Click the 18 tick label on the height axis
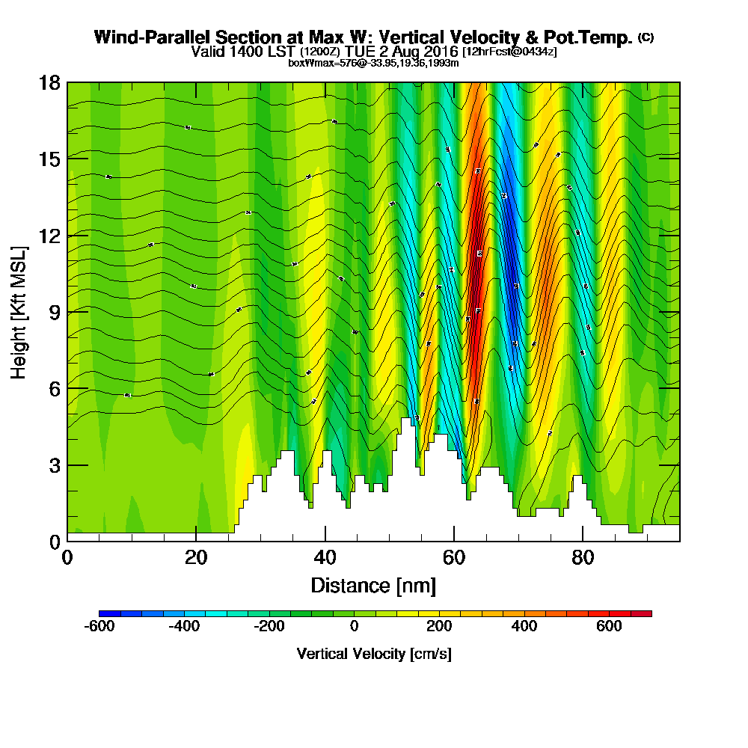click(x=50, y=82)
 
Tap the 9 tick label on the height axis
click(x=55, y=312)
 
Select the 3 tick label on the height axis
click(x=55, y=465)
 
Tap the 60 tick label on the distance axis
click(x=453, y=557)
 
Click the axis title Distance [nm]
click(x=373, y=584)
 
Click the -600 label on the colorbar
click(x=99, y=626)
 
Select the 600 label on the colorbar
click(x=609, y=626)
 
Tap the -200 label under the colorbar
click(x=269, y=626)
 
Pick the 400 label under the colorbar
click(x=524, y=626)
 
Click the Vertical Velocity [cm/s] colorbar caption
click(x=373, y=654)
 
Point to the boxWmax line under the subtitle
click(x=373, y=63)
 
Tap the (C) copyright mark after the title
click(x=646, y=37)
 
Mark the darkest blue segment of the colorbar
click(x=105, y=613)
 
